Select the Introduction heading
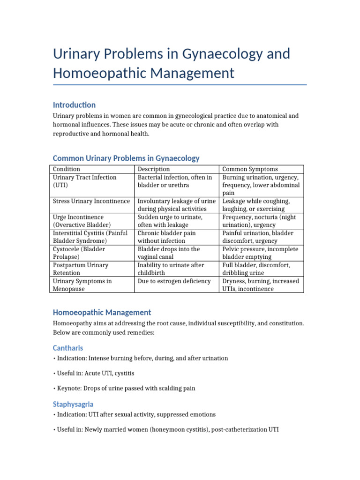tap(74, 105)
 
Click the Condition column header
tap(67, 169)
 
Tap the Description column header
tap(154, 169)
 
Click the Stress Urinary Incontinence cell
tap(91, 201)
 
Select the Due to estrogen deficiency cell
tap(174, 281)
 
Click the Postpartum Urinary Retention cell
tap(80, 269)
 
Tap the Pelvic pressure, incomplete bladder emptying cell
tap(260, 253)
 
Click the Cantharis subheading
tap(68, 348)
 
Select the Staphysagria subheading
tap(73, 404)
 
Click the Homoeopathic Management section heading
tap(102, 312)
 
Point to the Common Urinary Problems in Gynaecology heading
tap(126, 158)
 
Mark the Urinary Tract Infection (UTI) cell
tap(84, 181)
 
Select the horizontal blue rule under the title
tap(180, 85)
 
